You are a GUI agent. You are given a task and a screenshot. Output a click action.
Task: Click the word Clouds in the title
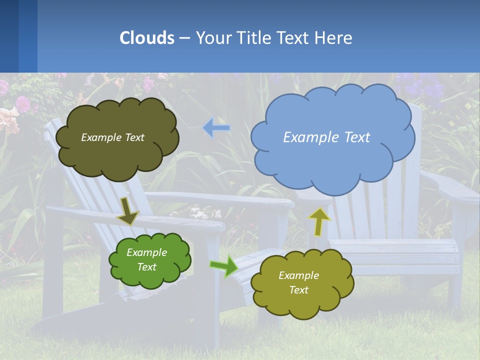click(x=147, y=38)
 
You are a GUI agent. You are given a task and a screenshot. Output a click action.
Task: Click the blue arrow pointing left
click(x=216, y=128)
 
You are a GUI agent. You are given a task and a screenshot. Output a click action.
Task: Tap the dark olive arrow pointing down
click(x=127, y=211)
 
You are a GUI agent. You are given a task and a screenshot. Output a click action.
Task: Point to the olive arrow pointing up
click(x=319, y=221)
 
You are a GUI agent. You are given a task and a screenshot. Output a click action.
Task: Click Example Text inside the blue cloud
click(x=326, y=137)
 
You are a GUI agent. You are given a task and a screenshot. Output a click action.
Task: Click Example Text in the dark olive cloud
click(x=112, y=137)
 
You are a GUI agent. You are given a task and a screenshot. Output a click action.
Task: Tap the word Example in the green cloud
click(x=146, y=252)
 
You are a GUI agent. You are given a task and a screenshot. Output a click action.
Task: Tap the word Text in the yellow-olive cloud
click(x=298, y=290)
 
